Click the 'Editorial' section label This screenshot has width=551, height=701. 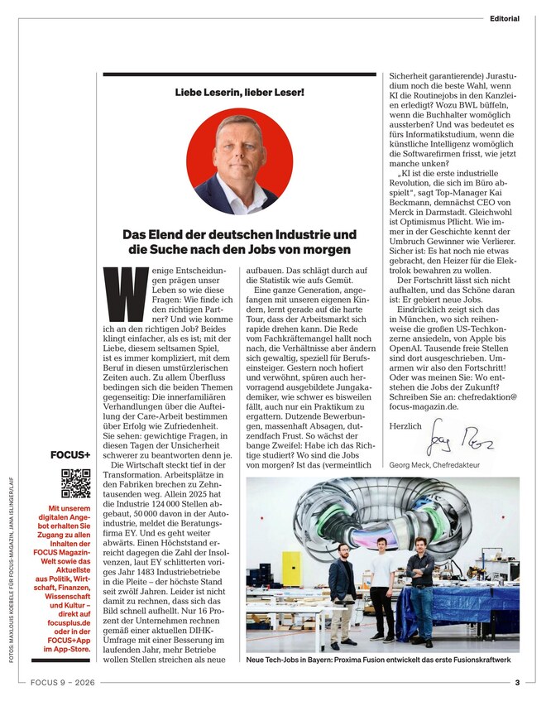[504, 18]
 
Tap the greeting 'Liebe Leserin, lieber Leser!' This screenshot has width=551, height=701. [239, 91]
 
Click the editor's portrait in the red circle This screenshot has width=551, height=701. [239, 161]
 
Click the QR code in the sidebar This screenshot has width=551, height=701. [75, 483]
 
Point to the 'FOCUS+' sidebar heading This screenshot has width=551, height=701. [71, 454]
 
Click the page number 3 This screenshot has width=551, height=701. [517, 684]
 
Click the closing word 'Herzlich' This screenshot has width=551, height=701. [405, 425]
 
